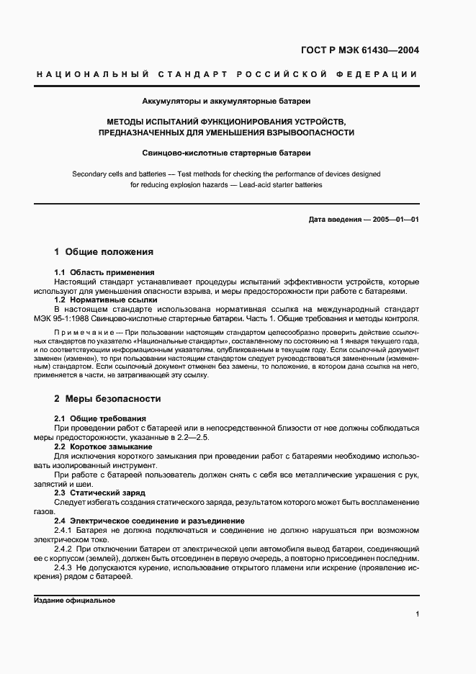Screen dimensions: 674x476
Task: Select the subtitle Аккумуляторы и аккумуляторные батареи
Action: pos(226,102)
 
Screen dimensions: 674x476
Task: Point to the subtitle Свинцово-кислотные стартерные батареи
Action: pos(226,153)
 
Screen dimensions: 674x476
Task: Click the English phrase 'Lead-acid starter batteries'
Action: pos(279,184)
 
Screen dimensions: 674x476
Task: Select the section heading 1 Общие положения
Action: pos(104,252)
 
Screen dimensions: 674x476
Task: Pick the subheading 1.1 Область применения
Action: pos(104,272)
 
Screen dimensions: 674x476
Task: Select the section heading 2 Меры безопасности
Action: pos(107,398)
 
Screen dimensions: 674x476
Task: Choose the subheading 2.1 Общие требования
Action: pos(100,418)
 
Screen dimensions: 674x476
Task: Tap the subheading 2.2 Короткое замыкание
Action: pos(103,446)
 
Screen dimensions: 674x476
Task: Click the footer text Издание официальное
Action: pos(74,600)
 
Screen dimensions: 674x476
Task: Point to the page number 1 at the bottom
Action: pos(417,614)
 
